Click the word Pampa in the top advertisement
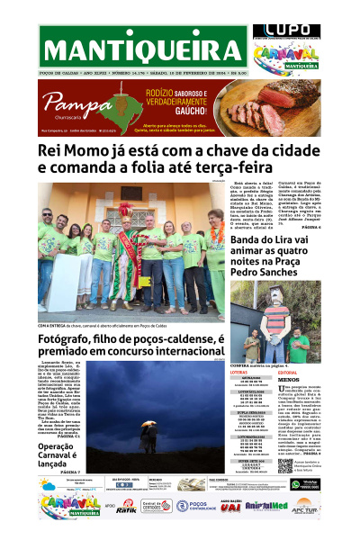pyautogui.click(x=66, y=99)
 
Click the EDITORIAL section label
pyautogui.click(x=289, y=372)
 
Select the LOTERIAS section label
pyautogui.click(x=242, y=372)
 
